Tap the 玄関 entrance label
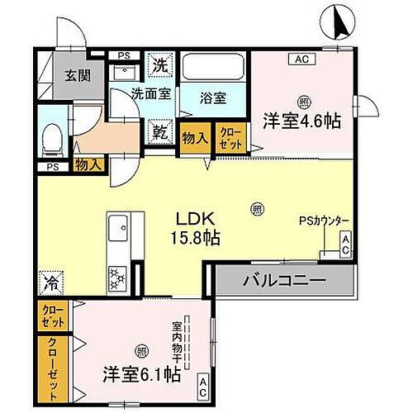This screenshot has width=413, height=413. (78, 76)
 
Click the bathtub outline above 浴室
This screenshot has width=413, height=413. (213, 68)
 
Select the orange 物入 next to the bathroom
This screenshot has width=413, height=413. (195, 139)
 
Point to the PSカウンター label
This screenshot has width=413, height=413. (325, 221)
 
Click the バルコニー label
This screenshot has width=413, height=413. (284, 281)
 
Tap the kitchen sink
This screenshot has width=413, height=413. (116, 225)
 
